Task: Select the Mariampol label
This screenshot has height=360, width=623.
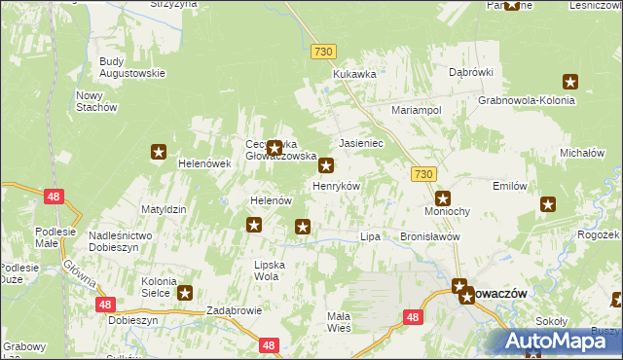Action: (417, 111)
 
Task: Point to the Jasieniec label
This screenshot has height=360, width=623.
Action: (361, 142)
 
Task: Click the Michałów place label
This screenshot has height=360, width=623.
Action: (583, 154)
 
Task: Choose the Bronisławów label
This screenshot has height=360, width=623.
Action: (429, 236)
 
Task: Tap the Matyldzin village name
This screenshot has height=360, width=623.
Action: (164, 209)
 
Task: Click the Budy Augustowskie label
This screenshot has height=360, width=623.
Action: (132, 67)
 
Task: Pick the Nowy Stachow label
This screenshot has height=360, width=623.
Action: (96, 100)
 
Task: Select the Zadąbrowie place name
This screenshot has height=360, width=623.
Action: (235, 311)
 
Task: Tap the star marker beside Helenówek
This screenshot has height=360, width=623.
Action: (159, 151)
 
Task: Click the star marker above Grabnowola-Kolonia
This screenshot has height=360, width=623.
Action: (569, 83)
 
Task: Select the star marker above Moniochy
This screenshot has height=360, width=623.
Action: (442, 198)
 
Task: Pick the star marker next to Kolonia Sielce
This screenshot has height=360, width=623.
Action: (184, 291)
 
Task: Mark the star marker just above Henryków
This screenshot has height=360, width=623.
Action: (327, 166)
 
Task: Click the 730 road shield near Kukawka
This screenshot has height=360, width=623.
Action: (324, 51)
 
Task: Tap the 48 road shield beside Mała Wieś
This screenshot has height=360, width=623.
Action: (414, 317)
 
